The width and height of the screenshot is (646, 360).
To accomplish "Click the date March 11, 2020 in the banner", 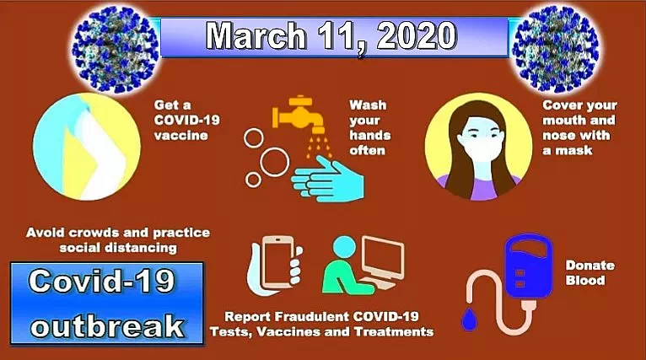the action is (x=331, y=36).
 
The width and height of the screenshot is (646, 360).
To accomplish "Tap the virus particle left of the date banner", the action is (x=116, y=49).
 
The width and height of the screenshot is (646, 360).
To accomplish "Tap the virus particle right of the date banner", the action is (x=555, y=49).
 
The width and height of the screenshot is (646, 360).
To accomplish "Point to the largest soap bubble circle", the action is (x=273, y=162).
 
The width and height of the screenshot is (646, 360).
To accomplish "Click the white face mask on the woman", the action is (x=481, y=150).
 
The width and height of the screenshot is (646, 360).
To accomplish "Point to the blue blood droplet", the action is (x=468, y=320).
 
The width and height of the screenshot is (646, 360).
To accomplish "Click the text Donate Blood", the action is (x=590, y=272).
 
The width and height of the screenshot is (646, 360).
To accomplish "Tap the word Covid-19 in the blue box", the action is (x=101, y=281).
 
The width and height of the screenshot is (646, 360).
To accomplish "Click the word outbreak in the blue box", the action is (x=107, y=326).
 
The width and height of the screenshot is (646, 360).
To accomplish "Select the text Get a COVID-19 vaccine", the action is (x=186, y=120).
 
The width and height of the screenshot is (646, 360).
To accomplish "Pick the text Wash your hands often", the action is (x=370, y=127).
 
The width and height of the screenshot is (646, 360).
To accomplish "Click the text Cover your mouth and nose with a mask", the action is (x=579, y=127).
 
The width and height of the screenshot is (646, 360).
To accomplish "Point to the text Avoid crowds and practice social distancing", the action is (x=118, y=239).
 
